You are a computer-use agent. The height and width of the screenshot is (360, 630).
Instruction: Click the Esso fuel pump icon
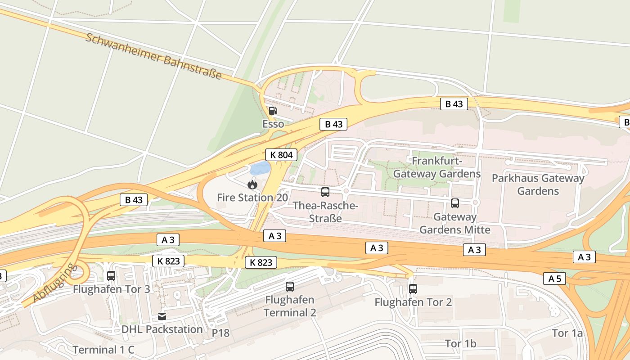[273, 111]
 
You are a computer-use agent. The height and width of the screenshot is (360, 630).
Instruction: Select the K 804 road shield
[281, 155]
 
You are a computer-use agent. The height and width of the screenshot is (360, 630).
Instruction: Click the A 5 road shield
[554, 279]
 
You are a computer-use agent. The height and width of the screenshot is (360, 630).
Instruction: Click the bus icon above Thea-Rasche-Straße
[325, 192]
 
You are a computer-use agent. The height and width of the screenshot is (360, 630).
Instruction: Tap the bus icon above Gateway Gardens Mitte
[455, 203]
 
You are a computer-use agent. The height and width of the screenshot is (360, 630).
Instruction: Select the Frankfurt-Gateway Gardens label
[437, 167]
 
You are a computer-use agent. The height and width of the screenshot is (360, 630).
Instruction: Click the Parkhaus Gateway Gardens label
[538, 184]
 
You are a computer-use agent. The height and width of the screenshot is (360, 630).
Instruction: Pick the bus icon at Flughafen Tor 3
[111, 276]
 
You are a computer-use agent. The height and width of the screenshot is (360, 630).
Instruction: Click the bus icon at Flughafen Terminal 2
[290, 286]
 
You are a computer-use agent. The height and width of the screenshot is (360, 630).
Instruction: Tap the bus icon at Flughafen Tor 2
[413, 289]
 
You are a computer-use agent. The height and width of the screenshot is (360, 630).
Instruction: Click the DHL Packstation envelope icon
[162, 316]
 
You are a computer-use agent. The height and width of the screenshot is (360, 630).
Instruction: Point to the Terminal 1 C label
[103, 350]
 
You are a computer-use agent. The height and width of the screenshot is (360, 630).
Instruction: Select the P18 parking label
[220, 333]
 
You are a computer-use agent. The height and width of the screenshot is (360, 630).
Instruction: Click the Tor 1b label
[460, 344]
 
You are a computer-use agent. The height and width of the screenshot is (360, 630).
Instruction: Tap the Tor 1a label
[567, 333]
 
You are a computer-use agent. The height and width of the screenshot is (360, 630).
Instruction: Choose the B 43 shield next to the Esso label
[333, 124]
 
